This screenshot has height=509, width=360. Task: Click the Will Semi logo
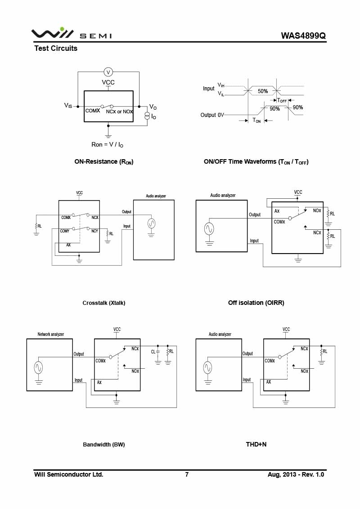(x=72, y=34)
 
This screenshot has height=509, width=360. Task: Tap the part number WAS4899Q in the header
(x=303, y=36)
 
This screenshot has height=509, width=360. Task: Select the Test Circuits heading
(x=56, y=49)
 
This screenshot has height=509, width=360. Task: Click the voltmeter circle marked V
(x=108, y=72)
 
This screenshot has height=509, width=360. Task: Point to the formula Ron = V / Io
(x=108, y=145)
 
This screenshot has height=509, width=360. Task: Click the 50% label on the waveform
(x=263, y=91)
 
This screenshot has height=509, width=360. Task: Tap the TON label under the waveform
(x=256, y=121)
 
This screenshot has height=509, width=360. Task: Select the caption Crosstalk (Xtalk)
(x=104, y=303)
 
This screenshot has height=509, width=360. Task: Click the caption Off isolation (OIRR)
(x=256, y=303)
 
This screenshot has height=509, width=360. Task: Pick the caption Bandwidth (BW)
(x=104, y=445)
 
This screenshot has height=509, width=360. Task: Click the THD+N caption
(x=256, y=445)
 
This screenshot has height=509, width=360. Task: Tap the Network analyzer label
(x=51, y=335)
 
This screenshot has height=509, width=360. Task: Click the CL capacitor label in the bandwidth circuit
(x=153, y=351)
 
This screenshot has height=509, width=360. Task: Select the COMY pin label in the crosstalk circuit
(x=65, y=231)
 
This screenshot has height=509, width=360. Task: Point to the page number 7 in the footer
(x=187, y=475)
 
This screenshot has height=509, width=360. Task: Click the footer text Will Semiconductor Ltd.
(x=69, y=475)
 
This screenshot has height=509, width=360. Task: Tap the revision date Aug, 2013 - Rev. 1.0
(x=296, y=475)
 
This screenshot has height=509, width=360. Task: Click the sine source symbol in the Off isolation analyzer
(x=209, y=229)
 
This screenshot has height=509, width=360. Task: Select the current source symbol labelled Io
(x=147, y=116)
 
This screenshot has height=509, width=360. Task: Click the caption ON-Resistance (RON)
(x=104, y=162)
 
